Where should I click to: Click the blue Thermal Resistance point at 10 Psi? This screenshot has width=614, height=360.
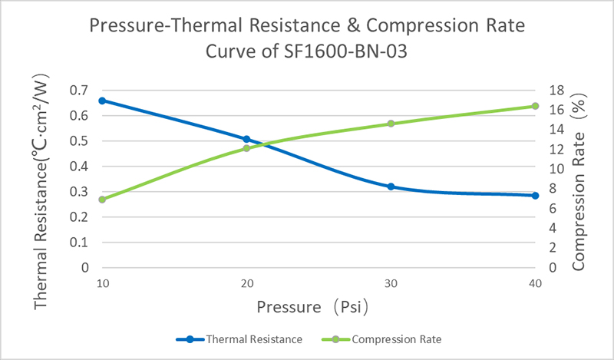(x=102, y=101)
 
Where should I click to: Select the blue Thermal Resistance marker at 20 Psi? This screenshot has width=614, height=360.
(x=246, y=139)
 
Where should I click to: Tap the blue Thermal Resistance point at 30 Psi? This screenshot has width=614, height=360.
(x=391, y=187)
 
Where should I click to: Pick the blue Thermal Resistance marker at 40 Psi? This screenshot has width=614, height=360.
(x=535, y=196)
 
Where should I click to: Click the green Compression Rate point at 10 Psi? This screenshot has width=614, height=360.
(x=102, y=200)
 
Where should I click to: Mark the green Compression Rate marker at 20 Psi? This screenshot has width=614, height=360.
(x=246, y=148)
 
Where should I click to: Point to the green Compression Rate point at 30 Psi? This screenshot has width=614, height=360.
(x=391, y=124)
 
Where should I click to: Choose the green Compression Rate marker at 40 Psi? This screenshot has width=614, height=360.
(x=535, y=106)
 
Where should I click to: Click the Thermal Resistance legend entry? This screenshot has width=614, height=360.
(x=239, y=339)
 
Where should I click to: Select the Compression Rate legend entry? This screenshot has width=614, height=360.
(x=381, y=339)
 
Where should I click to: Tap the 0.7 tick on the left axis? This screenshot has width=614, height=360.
(x=79, y=91)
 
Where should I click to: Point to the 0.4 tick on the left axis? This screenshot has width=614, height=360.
(x=79, y=167)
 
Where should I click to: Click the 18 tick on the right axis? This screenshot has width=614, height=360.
(x=556, y=91)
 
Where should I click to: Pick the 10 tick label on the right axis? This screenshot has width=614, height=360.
(x=556, y=169)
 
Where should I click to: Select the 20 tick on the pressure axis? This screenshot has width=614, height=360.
(x=247, y=283)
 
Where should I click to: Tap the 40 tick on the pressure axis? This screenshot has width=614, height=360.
(x=535, y=283)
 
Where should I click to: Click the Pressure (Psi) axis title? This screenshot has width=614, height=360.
(x=312, y=307)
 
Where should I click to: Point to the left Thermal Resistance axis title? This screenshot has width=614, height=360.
(x=41, y=191)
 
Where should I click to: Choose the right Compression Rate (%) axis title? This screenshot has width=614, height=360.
(x=579, y=182)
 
